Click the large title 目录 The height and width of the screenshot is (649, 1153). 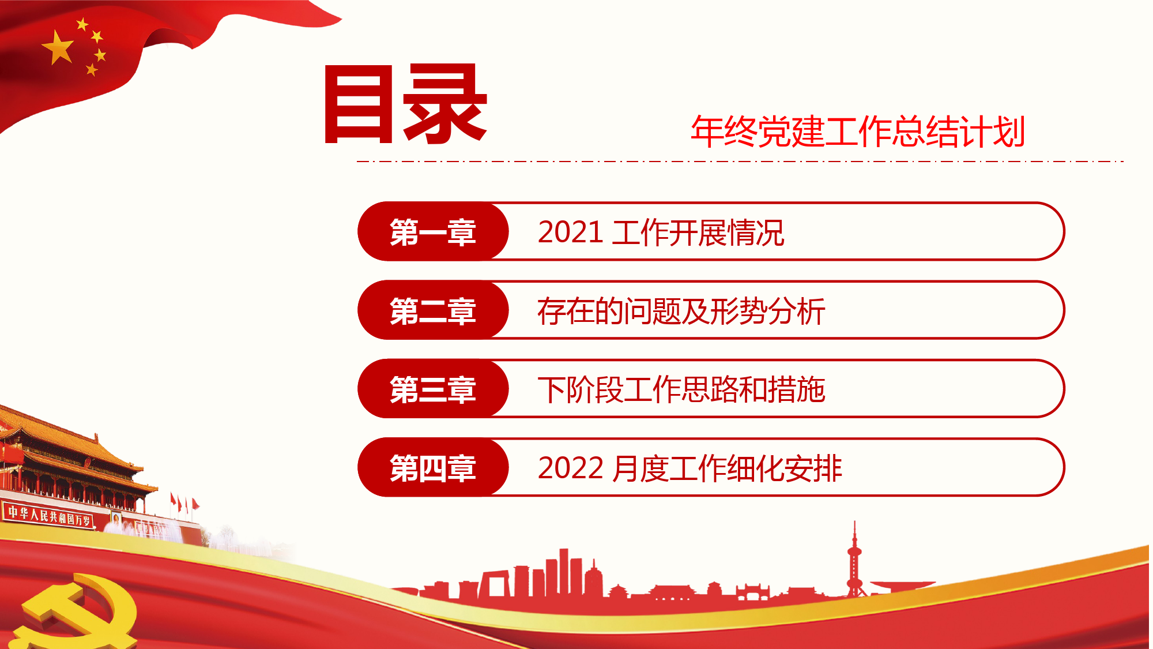tap(406, 104)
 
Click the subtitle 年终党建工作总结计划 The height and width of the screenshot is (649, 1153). tap(858, 132)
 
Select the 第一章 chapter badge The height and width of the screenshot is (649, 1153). tap(433, 231)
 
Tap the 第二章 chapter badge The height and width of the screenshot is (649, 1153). tap(433, 310)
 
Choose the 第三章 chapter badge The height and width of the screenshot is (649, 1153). tap(433, 389)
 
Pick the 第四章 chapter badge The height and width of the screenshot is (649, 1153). tap(433, 467)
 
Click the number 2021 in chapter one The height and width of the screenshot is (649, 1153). tap(570, 232)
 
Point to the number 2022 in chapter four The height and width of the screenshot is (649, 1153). tap(570, 468)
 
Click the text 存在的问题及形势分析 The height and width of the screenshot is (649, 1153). tap(681, 312)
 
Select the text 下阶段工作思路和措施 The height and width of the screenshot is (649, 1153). tap(681, 390)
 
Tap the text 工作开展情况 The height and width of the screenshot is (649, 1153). tap(698, 233)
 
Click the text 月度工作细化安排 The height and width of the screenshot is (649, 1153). tap(726, 468)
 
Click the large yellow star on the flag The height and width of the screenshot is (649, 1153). tap(58, 47)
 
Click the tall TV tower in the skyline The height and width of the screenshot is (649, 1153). tap(854, 560)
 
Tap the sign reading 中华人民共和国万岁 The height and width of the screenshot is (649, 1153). tap(49, 515)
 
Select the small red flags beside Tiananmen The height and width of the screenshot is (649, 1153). tap(184, 504)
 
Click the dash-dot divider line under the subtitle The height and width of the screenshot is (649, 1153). tap(740, 162)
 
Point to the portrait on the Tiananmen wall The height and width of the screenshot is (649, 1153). tap(116, 518)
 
